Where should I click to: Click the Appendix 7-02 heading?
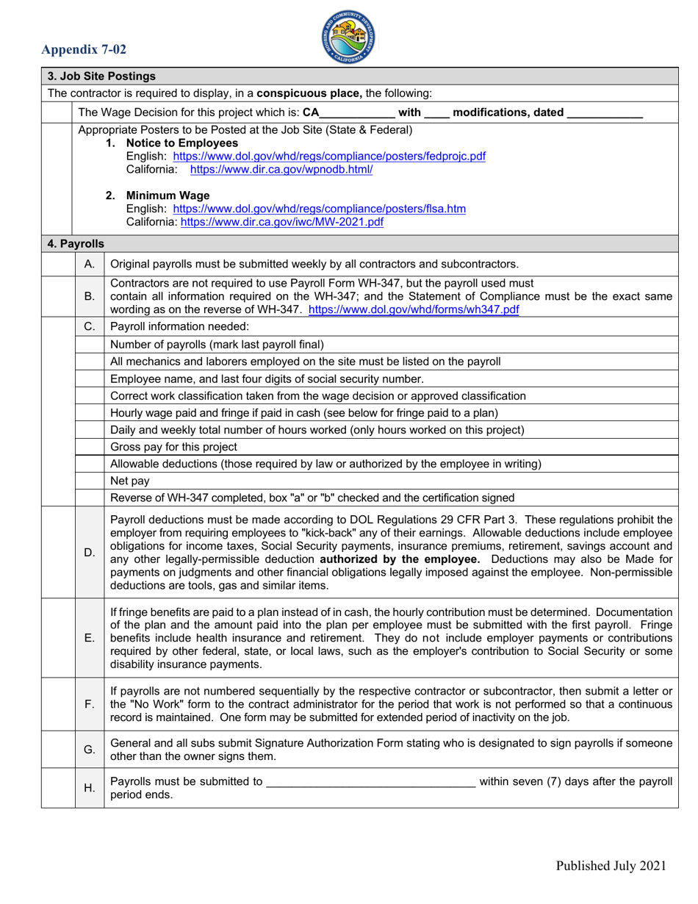(84, 50)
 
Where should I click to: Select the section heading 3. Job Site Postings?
(101, 76)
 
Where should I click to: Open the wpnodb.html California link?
(281, 169)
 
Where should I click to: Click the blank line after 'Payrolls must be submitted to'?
(370, 782)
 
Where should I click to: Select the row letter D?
(90, 551)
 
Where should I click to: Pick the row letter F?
(90, 705)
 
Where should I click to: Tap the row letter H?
(90, 788)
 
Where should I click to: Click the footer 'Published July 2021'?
(611, 865)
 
